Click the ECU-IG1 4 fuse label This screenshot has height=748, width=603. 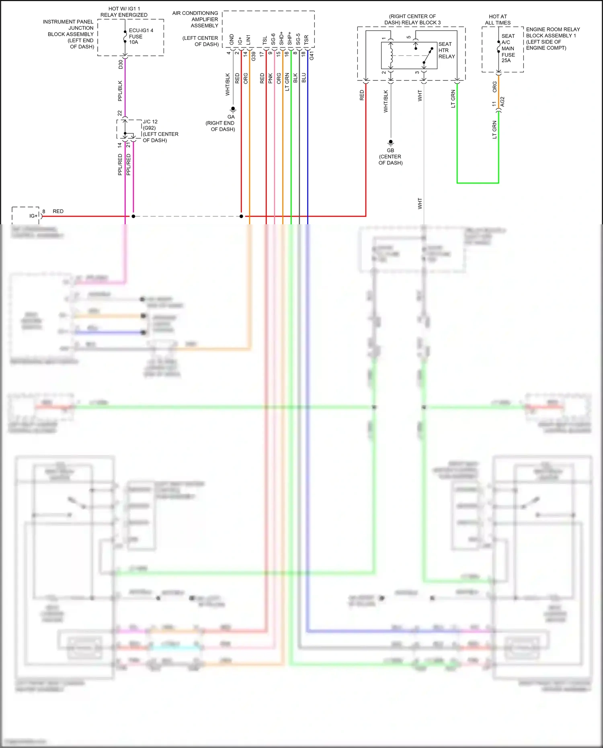click(140, 36)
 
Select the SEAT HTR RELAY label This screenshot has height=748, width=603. click(446, 50)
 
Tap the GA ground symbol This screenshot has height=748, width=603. click(233, 109)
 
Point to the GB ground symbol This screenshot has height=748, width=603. click(390, 142)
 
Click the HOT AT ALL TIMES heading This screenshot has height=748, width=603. click(498, 20)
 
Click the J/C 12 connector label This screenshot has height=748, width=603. click(150, 121)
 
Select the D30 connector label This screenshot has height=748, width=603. click(121, 64)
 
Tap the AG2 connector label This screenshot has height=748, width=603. click(503, 102)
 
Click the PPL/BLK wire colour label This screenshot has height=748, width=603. click(120, 91)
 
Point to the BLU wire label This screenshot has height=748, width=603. click(304, 78)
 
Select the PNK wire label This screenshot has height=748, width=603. click(271, 78)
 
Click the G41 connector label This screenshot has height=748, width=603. click(312, 56)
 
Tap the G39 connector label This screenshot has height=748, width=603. click(254, 57)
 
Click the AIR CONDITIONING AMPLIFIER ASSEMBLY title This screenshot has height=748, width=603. click(195, 19)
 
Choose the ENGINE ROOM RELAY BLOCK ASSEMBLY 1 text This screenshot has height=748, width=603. click(552, 39)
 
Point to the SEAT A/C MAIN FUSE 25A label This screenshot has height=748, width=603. click(508, 48)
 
